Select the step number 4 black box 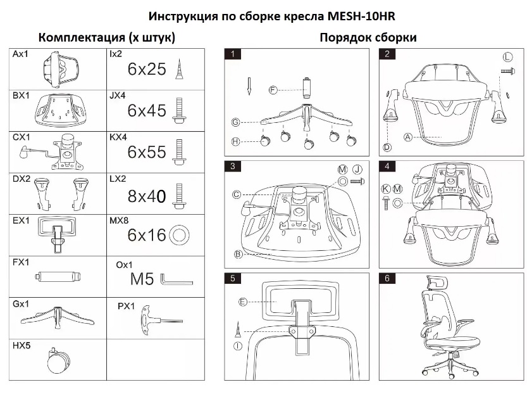(x=387, y=167)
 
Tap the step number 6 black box (x=387, y=278)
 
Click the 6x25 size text (x=147, y=69)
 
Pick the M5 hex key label (x=142, y=279)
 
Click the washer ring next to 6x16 (x=178, y=236)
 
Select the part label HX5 (x=21, y=346)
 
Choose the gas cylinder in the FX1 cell (x=56, y=276)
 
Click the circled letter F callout (x=273, y=90)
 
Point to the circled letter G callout (x=235, y=122)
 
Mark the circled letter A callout (x=408, y=136)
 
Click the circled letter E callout (x=242, y=302)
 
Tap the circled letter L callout (x=507, y=57)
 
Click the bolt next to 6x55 (x=179, y=153)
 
